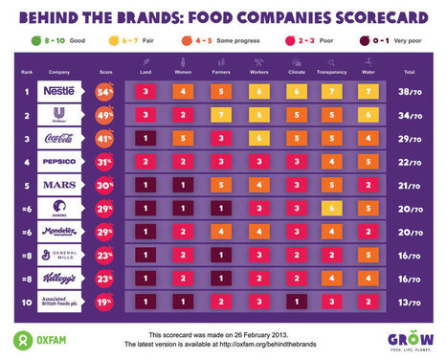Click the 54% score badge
click(x=105, y=92)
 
